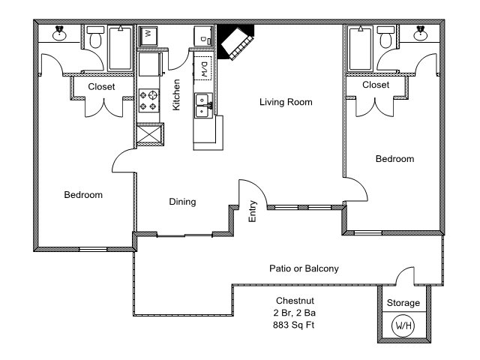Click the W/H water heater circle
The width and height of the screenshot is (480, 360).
coord(403,326)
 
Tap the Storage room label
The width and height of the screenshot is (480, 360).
coord(403,303)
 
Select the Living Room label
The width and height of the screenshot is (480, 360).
coord(286,102)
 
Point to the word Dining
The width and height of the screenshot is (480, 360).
coord(182,202)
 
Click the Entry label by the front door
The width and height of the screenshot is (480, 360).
coord(253,211)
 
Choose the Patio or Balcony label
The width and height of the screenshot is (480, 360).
coord(304,268)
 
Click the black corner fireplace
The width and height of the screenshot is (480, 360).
coord(235,42)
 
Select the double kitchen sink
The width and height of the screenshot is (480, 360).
coord(202,106)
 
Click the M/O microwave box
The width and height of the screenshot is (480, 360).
coord(203,70)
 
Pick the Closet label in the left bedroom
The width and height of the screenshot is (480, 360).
coord(101,87)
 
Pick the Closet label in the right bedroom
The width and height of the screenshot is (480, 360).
coord(375,85)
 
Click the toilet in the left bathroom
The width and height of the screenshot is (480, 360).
coord(94,39)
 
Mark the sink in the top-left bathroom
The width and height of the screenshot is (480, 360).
coord(58,33)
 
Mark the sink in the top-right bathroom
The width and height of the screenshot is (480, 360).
coord(421,33)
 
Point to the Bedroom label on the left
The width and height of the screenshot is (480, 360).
coord(82,195)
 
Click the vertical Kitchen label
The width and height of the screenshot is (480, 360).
coord(176,95)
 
